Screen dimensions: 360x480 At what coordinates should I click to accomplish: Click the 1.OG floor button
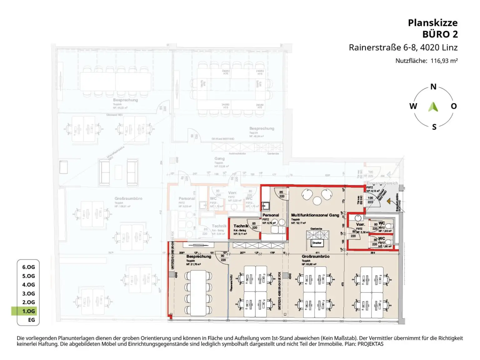click(x=28, y=311)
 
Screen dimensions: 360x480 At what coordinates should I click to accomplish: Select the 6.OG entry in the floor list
click(x=28, y=267)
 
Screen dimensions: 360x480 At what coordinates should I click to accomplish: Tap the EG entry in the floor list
click(x=31, y=320)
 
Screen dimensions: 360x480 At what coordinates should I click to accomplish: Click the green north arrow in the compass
click(x=433, y=107)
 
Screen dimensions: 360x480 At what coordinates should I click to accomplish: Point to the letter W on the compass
click(x=413, y=106)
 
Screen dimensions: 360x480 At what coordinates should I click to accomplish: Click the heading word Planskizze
click(x=432, y=23)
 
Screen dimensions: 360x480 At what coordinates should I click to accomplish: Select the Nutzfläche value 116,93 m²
click(x=444, y=61)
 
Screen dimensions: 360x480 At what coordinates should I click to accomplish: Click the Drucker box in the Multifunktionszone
click(x=317, y=243)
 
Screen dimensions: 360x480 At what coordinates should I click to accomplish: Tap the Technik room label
click(x=241, y=226)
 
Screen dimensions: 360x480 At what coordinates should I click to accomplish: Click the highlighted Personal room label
click(x=271, y=215)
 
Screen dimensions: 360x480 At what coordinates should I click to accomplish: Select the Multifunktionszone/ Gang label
click(x=315, y=215)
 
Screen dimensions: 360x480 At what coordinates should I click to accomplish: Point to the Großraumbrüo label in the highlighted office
click(x=315, y=256)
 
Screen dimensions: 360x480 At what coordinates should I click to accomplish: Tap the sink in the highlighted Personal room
click(x=266, y=206)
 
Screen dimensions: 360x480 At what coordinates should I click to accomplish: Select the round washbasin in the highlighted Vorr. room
click(x=358, y=218)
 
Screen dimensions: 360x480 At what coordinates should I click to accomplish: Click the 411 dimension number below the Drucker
click(x=317, y=252)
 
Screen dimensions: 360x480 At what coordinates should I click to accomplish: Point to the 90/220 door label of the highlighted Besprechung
click(x=223, y=258)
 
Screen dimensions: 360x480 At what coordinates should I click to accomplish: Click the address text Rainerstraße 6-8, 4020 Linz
click(x=403, y=47)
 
